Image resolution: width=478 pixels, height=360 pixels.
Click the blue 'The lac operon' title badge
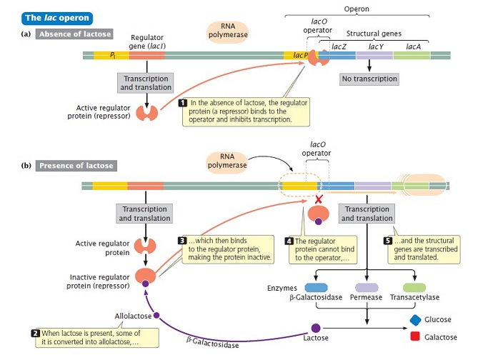point(57,18)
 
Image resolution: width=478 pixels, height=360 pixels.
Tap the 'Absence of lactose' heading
point(74,34)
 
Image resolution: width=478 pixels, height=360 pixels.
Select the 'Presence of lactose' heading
point(76,166)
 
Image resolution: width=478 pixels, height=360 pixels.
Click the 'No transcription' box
point(369,79)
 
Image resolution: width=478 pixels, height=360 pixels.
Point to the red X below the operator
point(319,200)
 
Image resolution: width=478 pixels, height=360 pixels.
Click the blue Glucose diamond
point(416,320)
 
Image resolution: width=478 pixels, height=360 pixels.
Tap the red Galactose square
point(415,336)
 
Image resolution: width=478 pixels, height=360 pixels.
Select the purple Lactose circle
point(316,328)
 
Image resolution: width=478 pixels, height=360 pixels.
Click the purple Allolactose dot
point(156,315)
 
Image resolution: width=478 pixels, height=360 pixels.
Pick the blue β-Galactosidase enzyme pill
point(316,287)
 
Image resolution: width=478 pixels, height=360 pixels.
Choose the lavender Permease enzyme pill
point(367,287)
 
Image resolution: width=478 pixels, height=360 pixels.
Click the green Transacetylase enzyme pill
point(414,287)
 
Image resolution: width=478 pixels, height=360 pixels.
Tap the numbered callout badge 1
point(183,103)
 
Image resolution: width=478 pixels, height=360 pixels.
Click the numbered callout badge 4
point(289,241)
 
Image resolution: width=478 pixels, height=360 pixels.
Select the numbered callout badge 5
point(387,241)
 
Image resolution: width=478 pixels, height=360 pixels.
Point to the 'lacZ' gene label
point(339,46)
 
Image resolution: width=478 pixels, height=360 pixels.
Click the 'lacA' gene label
point(414,46)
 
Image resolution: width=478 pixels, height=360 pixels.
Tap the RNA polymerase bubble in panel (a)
point(228,31)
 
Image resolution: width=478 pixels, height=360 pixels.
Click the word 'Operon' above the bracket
point(357,9)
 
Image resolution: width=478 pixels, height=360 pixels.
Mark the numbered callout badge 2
point(36,333)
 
